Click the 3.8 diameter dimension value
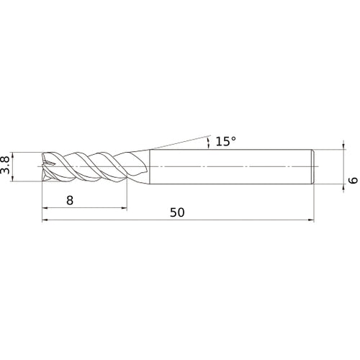click(6, 166)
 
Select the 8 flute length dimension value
click(70, 202)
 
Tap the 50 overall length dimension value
click(177, 212)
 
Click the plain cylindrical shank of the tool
click(230, 166)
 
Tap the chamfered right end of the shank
click(312, 166)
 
